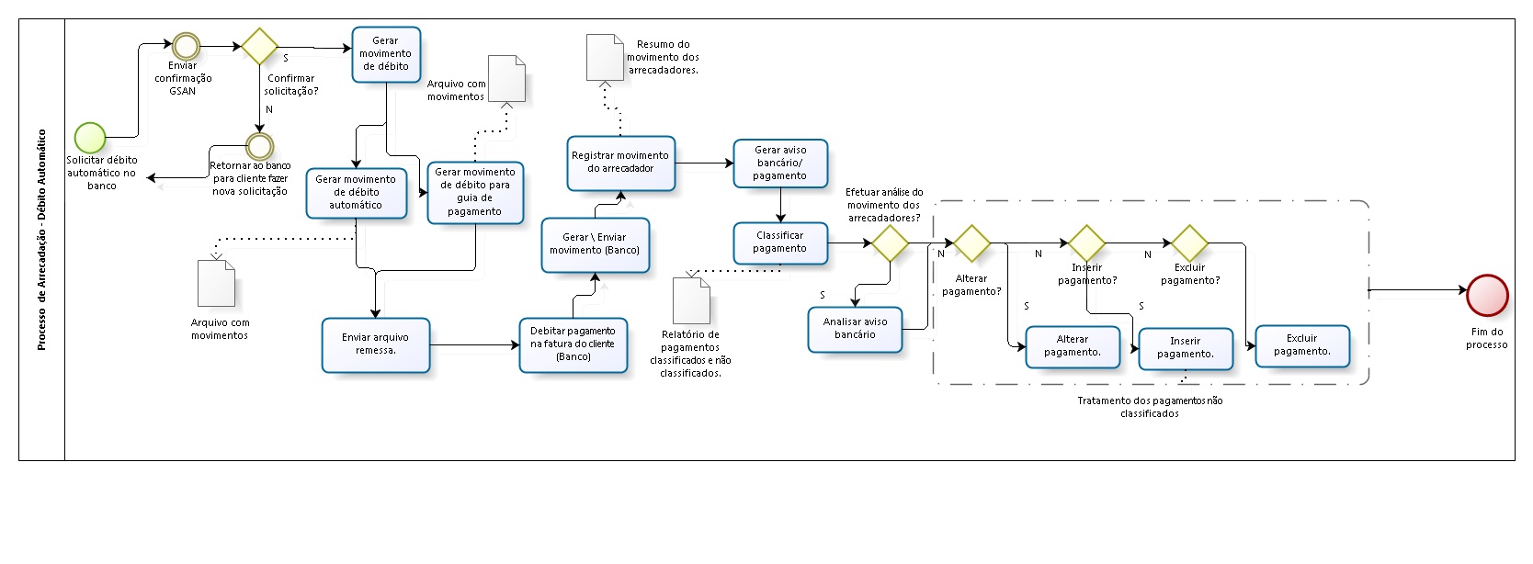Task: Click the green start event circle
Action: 90,138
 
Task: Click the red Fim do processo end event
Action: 1487,295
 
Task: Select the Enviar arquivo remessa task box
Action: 375,344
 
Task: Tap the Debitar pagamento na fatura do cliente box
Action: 573,344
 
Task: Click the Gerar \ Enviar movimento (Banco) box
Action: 595,244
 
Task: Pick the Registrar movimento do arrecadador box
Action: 620,163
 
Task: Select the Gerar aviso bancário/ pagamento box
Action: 779,163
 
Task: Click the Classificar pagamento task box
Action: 779,243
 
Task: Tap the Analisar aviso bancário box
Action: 854,329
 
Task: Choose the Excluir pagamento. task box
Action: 1301,345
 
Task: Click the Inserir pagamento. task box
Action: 1185,348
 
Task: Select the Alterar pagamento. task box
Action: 1072,346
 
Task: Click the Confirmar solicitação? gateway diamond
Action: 259,46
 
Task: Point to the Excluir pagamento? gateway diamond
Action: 1189,243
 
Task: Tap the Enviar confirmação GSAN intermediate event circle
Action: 186,46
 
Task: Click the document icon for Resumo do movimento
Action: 605,57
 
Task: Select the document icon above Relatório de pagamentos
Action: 691,300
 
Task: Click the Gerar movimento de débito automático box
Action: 356,193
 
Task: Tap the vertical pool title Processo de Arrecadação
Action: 41,240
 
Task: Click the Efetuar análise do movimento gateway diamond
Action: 890,243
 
